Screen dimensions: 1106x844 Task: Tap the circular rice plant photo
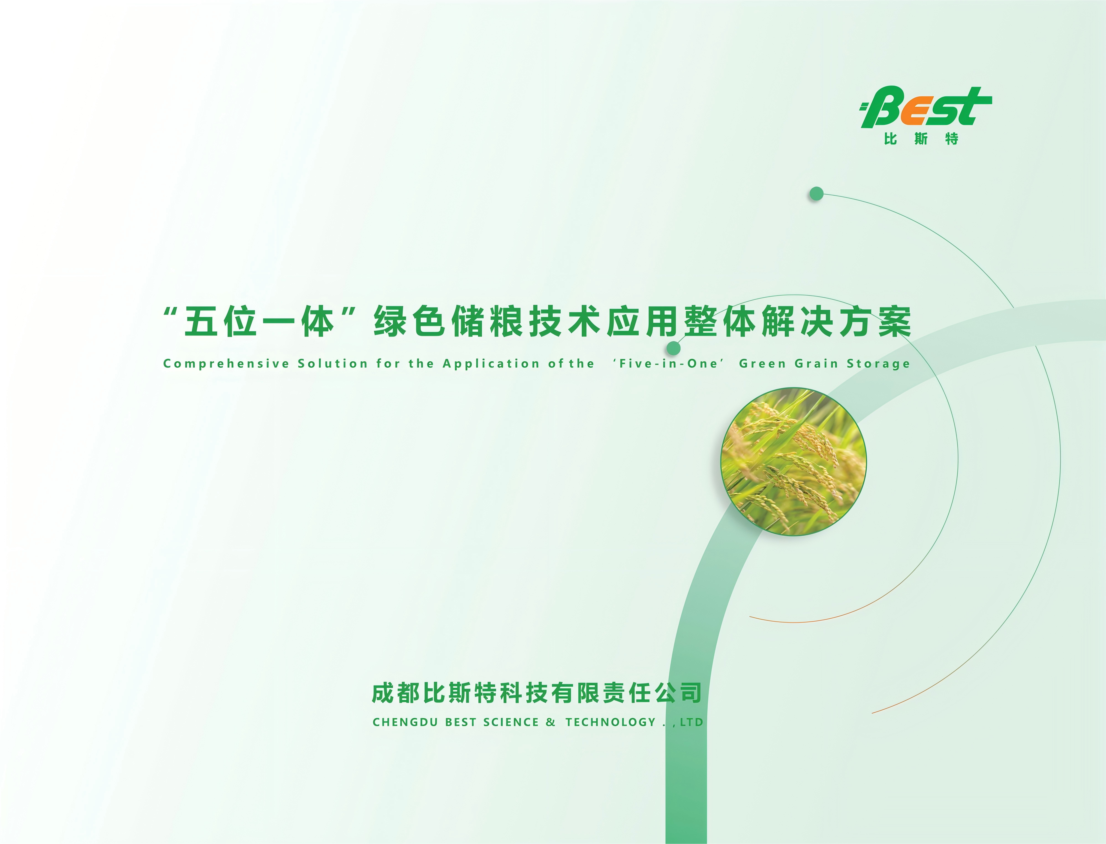click(793, 461)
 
